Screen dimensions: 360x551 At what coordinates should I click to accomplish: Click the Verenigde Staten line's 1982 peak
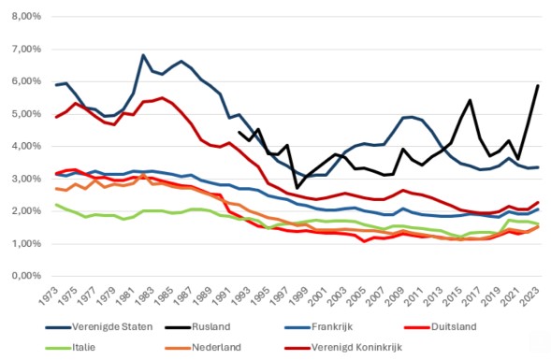tap(143, 55)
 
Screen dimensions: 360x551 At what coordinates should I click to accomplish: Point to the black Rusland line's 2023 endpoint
tap(537, 86)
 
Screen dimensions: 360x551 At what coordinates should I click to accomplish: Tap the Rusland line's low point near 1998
tap(297, 188)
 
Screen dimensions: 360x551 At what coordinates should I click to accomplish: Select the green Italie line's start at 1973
tap(57, 205)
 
